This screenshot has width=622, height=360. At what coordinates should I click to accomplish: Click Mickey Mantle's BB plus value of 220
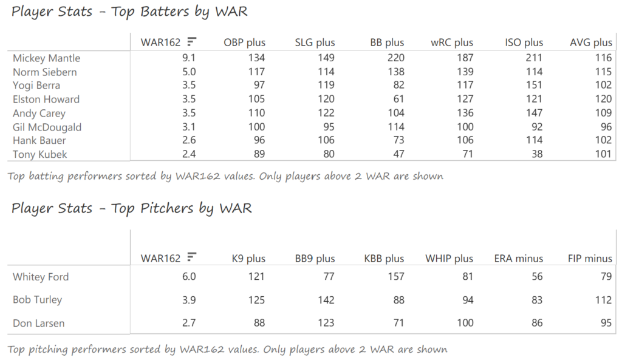coord(395,58)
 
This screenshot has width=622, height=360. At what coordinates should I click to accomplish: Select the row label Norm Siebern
coord(45,72)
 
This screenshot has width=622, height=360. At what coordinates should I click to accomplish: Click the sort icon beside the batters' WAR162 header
coord(192,42)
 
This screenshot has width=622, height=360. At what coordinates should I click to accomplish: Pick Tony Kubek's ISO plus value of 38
coord(536,154)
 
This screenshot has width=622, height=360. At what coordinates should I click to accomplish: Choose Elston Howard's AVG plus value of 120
coord(603,100)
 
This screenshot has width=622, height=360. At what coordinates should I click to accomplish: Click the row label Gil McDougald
coord(47,127)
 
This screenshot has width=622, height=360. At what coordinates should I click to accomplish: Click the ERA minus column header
coord(518,258)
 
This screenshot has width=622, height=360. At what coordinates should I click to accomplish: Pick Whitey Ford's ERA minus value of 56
coord(536,277)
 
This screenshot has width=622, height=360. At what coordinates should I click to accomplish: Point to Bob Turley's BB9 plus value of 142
coord(326,300)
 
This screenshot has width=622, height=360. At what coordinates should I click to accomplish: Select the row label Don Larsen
coord(39,324)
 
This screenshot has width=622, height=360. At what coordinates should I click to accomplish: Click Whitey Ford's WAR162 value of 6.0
coord(189,277)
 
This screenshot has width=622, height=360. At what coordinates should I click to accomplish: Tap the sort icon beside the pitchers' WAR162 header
coord(192,257)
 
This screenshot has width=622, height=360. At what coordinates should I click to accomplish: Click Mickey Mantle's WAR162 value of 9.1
coord(189,58)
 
